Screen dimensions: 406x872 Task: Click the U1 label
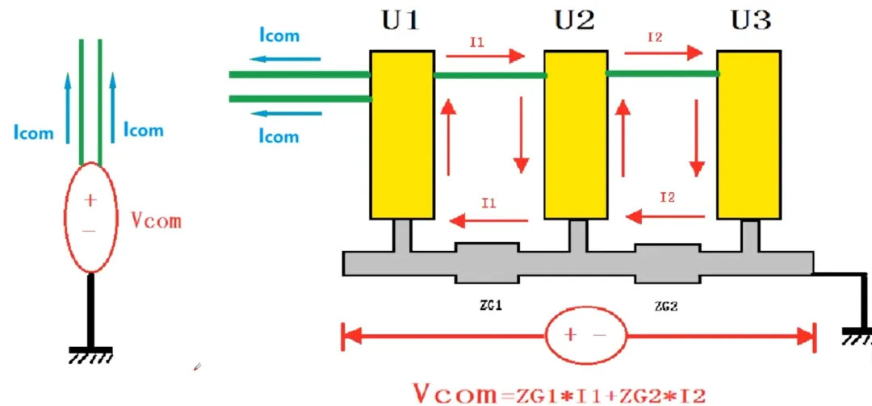(x=400, y=20)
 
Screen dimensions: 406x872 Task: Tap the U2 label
(x=574, y=20)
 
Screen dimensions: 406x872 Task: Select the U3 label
(x=751, y=20)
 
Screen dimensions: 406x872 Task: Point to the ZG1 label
(x=486, y=306)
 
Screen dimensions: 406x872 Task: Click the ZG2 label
(x=666, y=306)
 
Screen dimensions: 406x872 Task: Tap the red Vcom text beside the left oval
(x=156, y=220)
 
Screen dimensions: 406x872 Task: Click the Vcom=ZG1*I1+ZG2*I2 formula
(x=560, y=394)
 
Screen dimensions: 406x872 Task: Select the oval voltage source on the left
(x=90, y=217)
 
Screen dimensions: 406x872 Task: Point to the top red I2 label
(x=656, y=37)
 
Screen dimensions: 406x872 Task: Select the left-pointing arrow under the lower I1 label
(x=489, y=218)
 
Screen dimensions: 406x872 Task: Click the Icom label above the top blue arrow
(x=279, y=35)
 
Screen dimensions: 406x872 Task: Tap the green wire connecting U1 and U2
(x=489, y=76)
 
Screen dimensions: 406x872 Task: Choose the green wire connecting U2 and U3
(x=662, y=73)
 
